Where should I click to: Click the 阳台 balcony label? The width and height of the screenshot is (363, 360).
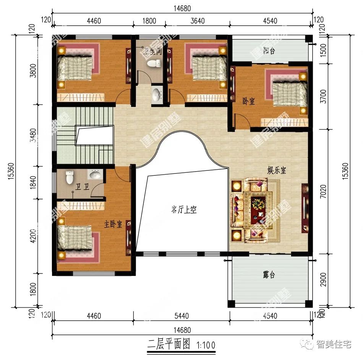pyautogui.click(x=271, y=51)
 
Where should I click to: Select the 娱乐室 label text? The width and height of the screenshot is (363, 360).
pyautogui.click(x=276, y=171)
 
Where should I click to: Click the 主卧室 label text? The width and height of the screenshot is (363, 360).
pyautogui.click(x=113, y=224)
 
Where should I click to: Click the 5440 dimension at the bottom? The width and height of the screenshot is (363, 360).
pyautogui.click(x=181, y=316)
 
